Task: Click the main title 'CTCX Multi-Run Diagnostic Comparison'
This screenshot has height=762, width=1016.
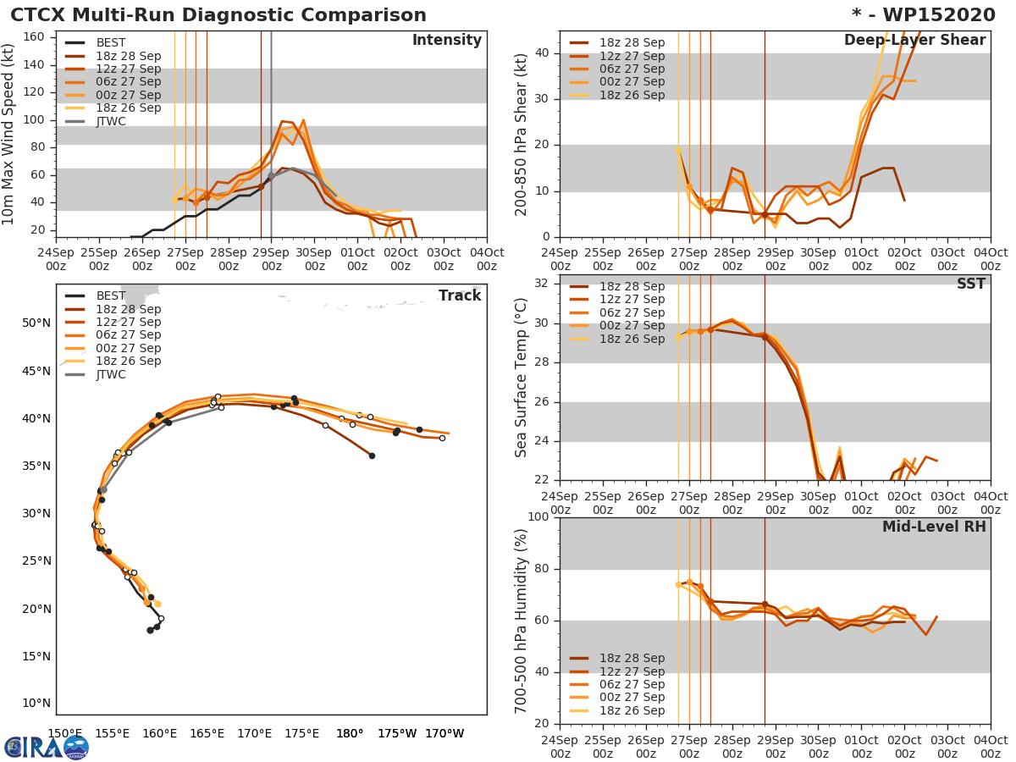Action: (218, 15)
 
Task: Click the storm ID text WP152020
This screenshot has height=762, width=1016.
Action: (930, 15)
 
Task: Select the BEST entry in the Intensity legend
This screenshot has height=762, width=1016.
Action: (110, 43)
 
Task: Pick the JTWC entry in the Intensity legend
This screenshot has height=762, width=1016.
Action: (111, 121)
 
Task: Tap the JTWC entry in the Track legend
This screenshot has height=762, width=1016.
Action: (111, 374)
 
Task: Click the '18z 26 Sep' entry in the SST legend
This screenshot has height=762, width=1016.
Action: (632, 339)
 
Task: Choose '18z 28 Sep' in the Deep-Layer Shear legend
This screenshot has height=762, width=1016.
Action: (632, 43)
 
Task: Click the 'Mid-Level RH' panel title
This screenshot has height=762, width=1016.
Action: (934, 527)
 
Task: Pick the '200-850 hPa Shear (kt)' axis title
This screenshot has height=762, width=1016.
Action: (522, 134)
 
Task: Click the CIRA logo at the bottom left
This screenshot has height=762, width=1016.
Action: (46, 747)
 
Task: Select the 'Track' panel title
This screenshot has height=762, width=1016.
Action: (459, 295)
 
